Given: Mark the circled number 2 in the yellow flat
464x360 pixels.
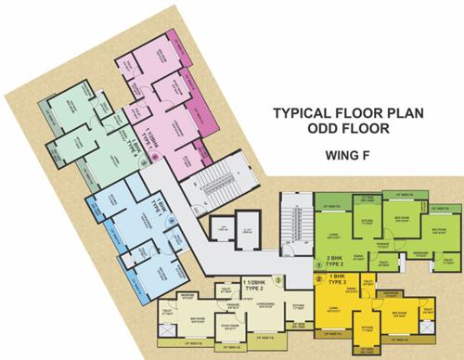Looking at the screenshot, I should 317,277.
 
